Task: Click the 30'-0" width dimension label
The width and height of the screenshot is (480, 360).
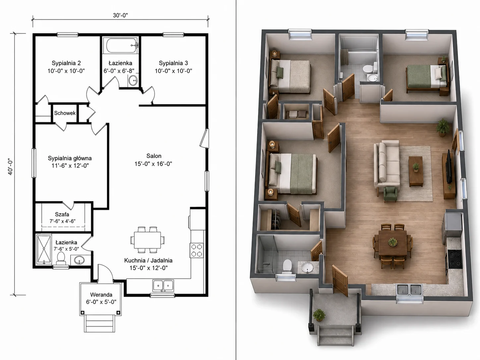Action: [x=120, y=15]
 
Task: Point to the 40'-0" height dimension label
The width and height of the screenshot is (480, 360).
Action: [x=10, y=167]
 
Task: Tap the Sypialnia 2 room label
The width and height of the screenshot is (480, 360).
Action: [x=66, y=63]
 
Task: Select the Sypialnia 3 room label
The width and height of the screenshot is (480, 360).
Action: [x=173, y=63]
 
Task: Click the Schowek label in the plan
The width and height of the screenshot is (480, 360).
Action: [x=65, y=113]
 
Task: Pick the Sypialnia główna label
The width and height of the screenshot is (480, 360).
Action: [x=70, y=158]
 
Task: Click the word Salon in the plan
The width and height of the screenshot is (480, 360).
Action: [x=154, y=156]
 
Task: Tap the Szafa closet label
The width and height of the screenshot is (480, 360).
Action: [x=62, y=214]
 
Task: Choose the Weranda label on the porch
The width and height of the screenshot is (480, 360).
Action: [x=101, y=295]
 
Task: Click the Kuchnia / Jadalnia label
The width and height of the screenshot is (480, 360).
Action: [x=149, y=260]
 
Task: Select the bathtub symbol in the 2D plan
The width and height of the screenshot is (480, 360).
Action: [x=120, y=45]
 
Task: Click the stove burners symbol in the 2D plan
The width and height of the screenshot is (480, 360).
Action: [x=196, y=250]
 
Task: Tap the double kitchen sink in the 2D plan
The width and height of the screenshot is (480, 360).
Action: [x=163, y=285]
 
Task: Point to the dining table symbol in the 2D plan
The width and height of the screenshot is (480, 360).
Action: [x=148, y=240]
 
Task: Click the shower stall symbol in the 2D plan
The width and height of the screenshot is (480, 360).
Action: [x=44, y=249]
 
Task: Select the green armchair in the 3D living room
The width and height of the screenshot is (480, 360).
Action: [x=390, y=194]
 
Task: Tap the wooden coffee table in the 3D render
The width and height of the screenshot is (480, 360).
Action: [x=416, y=171]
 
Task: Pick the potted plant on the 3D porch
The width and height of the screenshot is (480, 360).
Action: [x=319, y=315]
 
